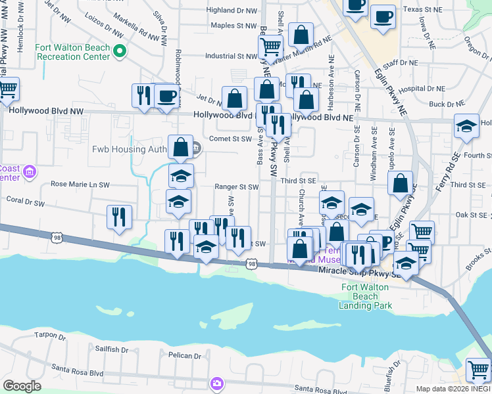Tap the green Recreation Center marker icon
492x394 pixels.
[x=119, y=50]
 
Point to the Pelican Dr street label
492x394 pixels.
[x=184, y=355]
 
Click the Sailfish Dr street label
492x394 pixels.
[x=107, y=349]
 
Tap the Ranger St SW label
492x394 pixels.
[x=237, y=187]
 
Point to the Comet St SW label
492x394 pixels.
[x=231, y=139]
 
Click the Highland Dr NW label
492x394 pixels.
[x=231, y=11]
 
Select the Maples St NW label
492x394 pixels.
[x=233, y=26]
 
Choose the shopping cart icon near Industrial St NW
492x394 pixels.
[x=270, y=47]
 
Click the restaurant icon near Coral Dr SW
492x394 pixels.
[x=119, y=217]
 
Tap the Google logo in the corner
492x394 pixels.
[x=22, y=386]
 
